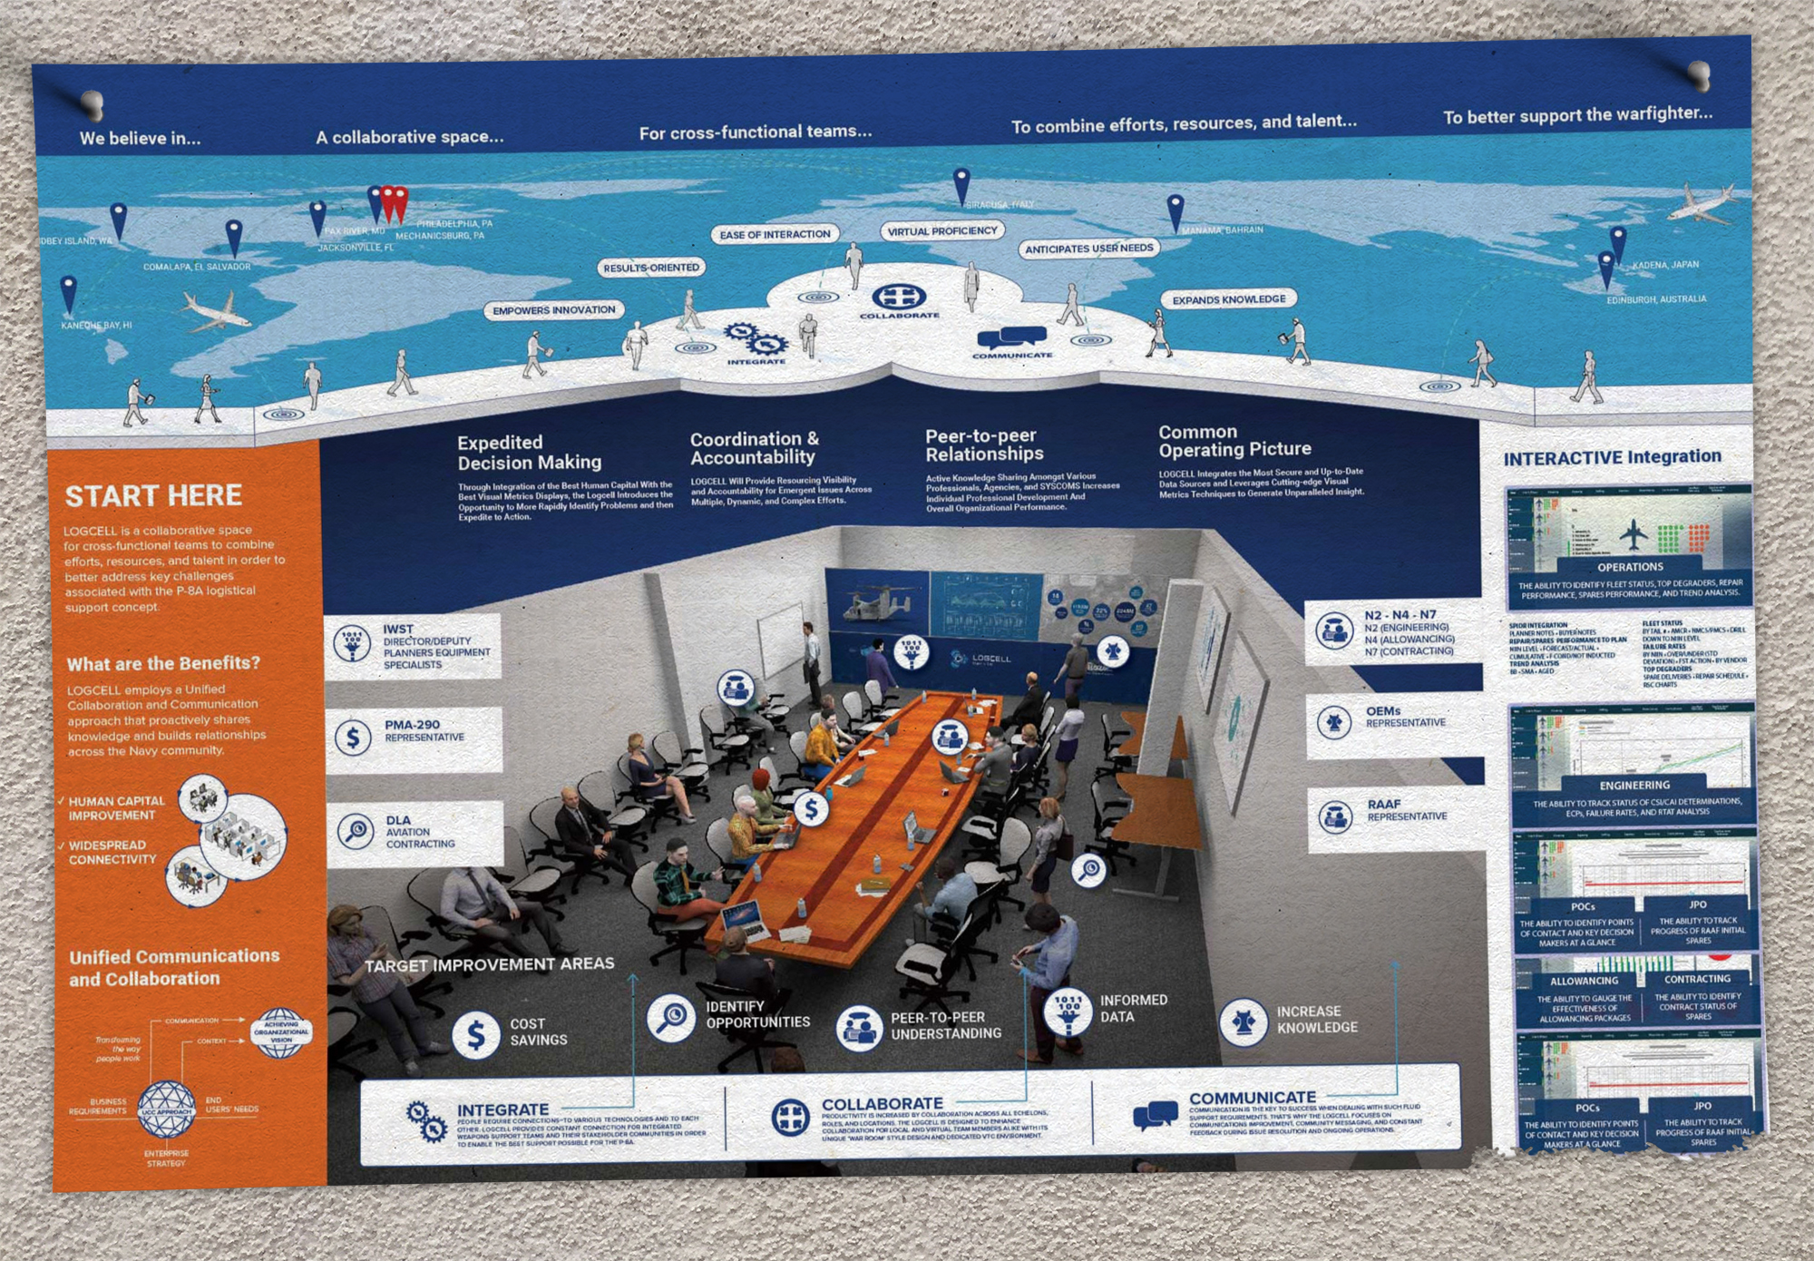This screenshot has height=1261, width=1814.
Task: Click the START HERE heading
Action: (x=153, y=496)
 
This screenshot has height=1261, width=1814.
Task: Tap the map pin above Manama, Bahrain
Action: (x=1175, y=210)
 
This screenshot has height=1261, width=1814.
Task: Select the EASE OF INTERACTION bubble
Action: (x=775, y=234)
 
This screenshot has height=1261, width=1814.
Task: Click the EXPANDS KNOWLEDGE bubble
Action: (x=1229, y=299)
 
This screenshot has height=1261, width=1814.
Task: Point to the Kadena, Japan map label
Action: (x=1665, y=265)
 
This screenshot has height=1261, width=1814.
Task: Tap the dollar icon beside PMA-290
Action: (x=353, y=738)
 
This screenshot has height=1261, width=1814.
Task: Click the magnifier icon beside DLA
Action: (x=355, y=831)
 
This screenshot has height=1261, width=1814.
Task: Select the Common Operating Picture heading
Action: (x=1234, y=441)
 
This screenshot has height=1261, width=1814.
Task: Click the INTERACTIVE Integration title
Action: (x=1612, y=458)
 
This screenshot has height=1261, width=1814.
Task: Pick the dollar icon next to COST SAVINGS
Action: (x=476, y=1034)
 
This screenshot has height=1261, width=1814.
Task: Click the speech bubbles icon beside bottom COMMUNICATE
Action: (x=1156, y=1115)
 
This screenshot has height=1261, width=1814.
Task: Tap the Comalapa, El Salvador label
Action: (x=197, y=267)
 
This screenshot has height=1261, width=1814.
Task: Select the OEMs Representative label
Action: (x=1405, y=717)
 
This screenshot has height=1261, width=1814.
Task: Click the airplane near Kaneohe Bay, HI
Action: (x=215, y=311)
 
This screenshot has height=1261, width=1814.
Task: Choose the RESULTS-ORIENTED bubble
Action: (x=651, y=268)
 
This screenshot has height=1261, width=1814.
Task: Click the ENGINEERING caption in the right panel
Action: (x=1634, y=785)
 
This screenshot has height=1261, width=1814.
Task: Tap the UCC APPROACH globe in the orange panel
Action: (x=166, y=1109)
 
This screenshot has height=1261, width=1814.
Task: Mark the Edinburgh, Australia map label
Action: (x=1656, y=299)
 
